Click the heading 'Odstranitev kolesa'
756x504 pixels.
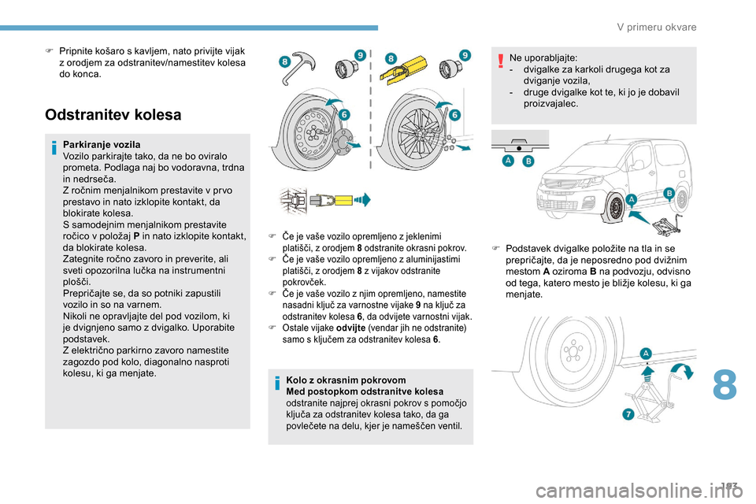coord(113,115)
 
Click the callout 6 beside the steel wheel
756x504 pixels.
coord(344,115)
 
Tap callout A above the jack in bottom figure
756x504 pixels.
coord(647,354)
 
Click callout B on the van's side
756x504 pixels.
coord(669,192)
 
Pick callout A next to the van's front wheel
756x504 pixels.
coord(632,199)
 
